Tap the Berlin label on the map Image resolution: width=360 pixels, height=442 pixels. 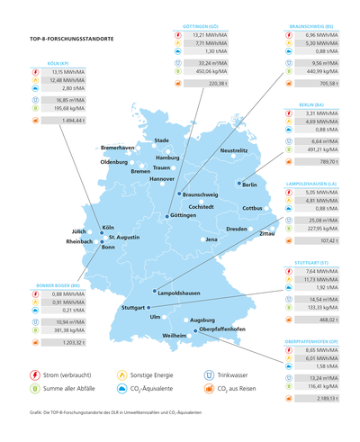coord(250,185)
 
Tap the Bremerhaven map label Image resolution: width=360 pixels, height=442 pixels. coord(118,147)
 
